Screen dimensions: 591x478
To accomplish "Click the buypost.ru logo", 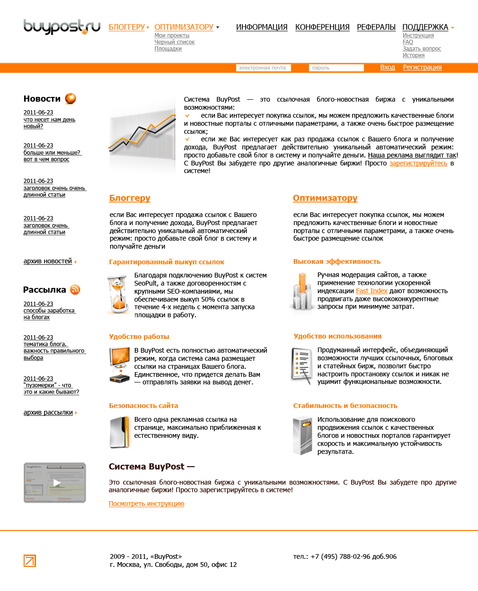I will tap(62, 26).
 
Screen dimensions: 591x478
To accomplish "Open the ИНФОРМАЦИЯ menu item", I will tap(262, 27).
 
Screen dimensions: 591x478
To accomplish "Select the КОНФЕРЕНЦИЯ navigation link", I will tap(322, 27).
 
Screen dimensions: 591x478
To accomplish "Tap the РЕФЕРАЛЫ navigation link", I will tap(376, 27).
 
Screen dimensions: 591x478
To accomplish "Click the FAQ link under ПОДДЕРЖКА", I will tap(408, 42).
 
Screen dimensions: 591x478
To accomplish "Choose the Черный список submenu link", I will tap(175, 42).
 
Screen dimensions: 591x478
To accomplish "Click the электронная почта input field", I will tap(263, 68).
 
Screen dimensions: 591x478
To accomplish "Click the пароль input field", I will tap(336, 68).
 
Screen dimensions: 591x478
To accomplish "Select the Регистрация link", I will tap(422, 68).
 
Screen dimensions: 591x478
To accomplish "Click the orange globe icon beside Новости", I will tap(71, 98).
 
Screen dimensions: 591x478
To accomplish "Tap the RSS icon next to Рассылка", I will tap(75, 289).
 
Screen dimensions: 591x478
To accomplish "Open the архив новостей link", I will tap(48, 261).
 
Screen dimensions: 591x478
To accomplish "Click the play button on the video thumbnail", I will tap(56, 483).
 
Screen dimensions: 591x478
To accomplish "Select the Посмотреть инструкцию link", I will tap(147, 504).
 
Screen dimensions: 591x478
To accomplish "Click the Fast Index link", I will tap(372, 291).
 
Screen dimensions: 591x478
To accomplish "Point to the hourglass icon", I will tap(118, 295).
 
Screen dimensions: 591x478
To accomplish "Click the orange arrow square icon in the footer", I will tap(30, 561).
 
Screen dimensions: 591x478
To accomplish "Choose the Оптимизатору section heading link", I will tap(325, 198).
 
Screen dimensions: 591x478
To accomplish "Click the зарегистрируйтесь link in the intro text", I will tap(418, 163).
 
